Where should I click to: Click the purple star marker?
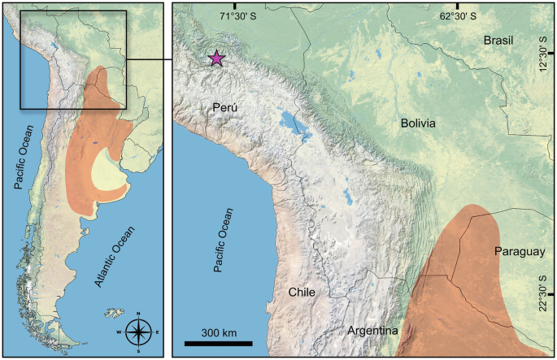tap(216, 59)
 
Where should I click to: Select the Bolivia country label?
tap(419, 123)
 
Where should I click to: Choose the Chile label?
tap(301, 293)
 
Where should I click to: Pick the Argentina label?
tap(372, 331)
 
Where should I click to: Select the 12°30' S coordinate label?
tap(546, 54)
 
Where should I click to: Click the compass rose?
tap(140, 331)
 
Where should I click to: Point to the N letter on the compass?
tap(140, 314)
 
